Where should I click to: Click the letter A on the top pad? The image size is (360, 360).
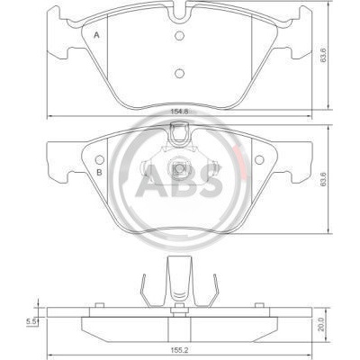pos(96,35)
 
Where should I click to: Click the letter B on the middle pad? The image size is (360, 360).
pos(99,172)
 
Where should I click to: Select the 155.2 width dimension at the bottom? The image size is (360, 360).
pos(179,350)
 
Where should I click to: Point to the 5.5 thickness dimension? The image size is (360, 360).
pos(31,321)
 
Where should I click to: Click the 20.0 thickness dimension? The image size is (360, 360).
pos(321,325)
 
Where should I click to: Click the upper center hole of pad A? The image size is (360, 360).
pos(179,36)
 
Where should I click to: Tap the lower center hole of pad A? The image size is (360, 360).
pos(179,73)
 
